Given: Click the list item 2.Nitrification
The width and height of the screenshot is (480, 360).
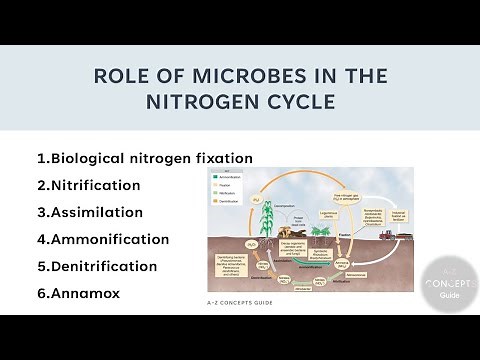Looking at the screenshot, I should coord(88,185).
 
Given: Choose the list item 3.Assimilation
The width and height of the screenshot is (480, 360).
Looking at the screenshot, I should coord(90,212).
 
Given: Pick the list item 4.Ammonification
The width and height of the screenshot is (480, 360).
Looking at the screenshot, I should coord(102,239).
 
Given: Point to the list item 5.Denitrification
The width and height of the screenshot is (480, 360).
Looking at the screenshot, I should coord(97,266).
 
